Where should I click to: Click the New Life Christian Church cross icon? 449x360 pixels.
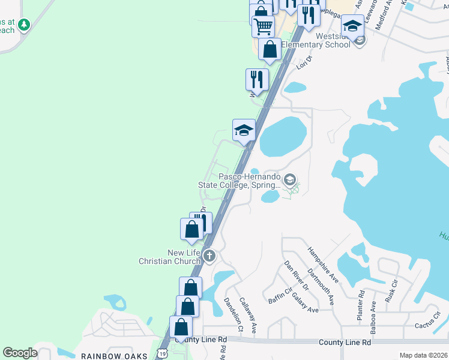[209, 256]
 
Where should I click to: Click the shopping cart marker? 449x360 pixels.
[264, 26]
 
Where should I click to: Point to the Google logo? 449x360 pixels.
[20, 353]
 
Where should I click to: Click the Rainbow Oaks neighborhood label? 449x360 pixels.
[114, 356]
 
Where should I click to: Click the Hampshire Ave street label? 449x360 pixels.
[323, 265]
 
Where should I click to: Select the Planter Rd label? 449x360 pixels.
[361, 305]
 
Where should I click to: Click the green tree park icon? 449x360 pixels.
[24, 25]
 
